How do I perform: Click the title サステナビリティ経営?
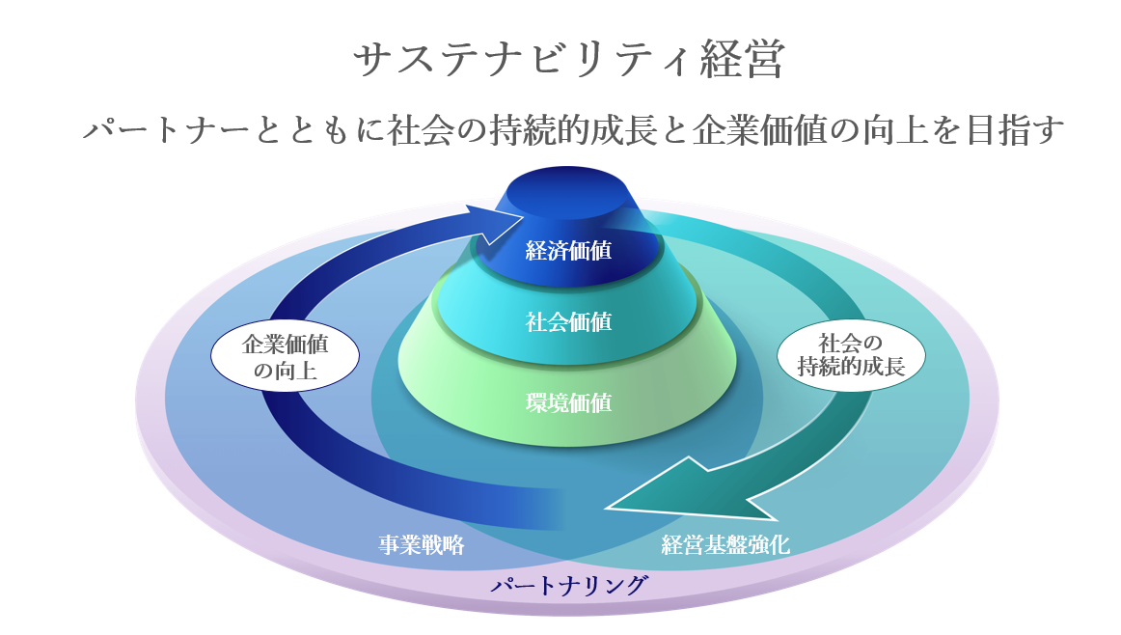[x=569, y=59]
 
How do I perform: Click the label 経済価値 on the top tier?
[x=568, y=250]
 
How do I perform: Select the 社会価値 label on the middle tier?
[x=568, y=321]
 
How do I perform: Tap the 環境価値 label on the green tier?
[x=568, y=403]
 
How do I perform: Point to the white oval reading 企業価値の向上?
[x=285, y=357]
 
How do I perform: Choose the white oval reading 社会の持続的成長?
[x=851, y=355]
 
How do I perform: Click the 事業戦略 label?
[x=421, y=545]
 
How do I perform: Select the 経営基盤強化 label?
[x=725, y=545]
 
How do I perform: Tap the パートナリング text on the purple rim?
[x=569, y=585]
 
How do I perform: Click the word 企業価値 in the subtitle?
[x=759, y=130]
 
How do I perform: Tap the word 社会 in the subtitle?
[x=421, y=130]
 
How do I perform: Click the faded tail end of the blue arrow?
[x=551, y=510]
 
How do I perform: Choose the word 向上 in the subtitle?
[x=896, y=130]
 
